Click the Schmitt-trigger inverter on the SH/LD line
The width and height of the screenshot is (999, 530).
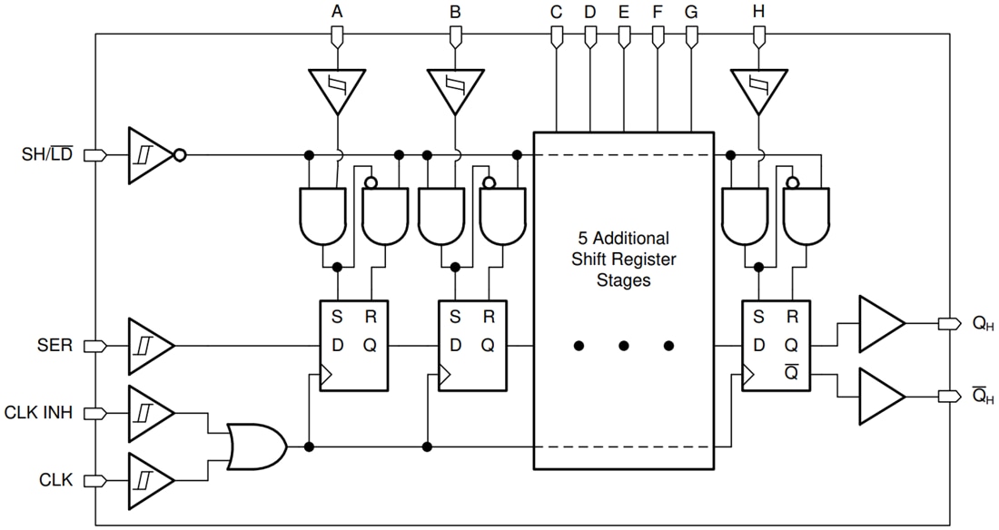149,155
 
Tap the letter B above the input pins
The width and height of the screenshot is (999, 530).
455,13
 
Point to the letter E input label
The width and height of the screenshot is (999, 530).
623,13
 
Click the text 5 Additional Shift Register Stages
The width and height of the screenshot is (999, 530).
623,260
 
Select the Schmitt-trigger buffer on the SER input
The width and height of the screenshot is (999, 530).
149,346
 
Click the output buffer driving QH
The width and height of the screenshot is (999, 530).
880,323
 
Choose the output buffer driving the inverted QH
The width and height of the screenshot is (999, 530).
880,397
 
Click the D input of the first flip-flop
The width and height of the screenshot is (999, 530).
337,345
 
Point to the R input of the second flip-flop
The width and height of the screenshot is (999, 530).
488,318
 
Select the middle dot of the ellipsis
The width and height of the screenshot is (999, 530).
624,346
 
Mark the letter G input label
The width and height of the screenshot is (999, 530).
691,13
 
